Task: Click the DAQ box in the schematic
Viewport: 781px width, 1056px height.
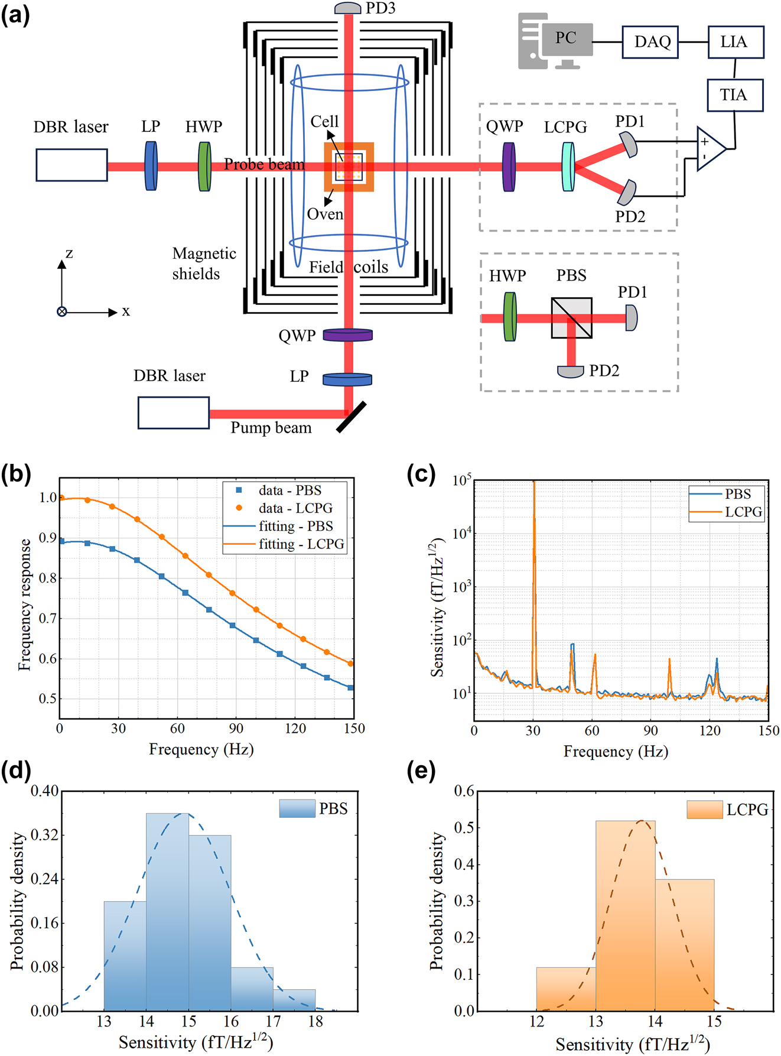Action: [x=650, y=42]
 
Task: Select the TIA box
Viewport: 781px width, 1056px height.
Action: [x=735, y=95]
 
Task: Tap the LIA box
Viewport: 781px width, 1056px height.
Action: [x=736, y=42]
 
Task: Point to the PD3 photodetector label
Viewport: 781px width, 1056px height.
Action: [x=380, y=8]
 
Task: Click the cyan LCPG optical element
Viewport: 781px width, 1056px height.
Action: [x=568, y=167]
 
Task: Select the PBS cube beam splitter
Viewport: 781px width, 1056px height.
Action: [x=571, y=318]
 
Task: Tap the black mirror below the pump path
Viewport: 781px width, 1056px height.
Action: [x=352, y=417]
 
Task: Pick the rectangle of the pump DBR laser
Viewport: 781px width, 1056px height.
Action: [x=174, y=412]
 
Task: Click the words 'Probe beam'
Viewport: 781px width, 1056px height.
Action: [x=264, y=164]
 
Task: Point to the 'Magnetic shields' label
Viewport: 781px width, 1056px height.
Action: [x=203, y=264]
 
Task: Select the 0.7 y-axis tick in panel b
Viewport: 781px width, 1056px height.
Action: [x=48, y=619]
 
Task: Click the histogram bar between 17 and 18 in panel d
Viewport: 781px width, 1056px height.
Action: [x=294, y=1000]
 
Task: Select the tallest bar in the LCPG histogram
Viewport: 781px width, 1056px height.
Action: [x=625, y=916]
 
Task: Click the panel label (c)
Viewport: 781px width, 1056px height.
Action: [x=421, y=475]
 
